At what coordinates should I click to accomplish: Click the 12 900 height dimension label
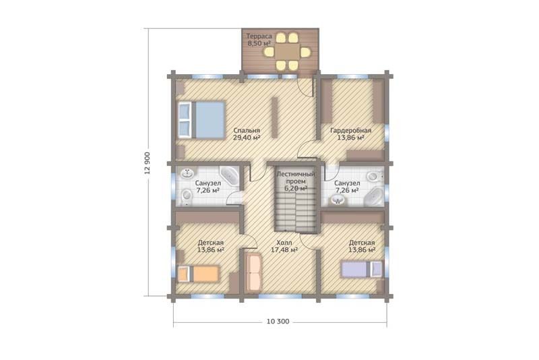coord(147,162)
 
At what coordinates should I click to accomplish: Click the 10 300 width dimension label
coord(278,322)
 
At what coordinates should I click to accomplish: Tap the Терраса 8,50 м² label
coord(259,40)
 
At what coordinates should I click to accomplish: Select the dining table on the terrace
coord(287,52)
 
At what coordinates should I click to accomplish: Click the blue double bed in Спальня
coord(201,119)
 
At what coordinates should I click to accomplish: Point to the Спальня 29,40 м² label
coord(246,134)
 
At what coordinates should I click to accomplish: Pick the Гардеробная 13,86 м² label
coord(350,134)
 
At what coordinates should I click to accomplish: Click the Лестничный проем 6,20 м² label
coord(296,181)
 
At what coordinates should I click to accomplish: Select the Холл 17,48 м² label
coord(284,246)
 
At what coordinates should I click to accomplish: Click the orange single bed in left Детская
coord(198,274)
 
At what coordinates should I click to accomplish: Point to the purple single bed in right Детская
coord(361,269)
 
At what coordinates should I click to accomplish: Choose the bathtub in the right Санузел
coord(374,198)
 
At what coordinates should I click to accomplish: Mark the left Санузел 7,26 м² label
coord(208,187)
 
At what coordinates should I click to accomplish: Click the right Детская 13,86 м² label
coord(362,246)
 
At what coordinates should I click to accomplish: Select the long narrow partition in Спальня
coord(274,117)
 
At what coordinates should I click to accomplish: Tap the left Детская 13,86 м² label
coord(211,246)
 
